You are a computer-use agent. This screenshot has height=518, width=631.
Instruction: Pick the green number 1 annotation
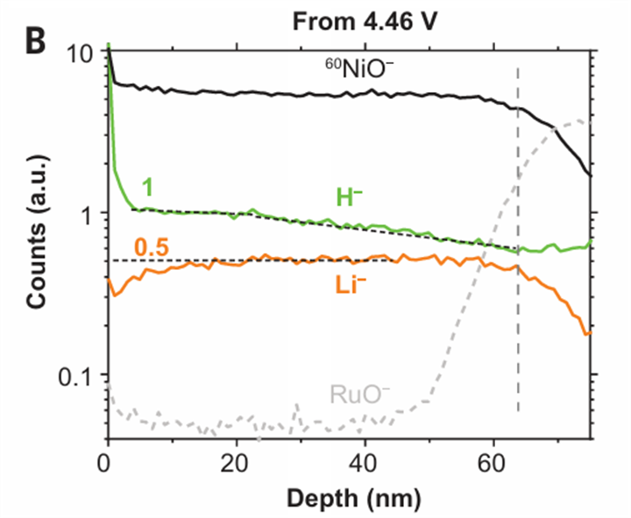coord(150,185)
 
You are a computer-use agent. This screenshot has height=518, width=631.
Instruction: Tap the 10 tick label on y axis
coord(81,53)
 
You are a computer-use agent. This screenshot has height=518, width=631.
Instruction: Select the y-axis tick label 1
coord(88,214)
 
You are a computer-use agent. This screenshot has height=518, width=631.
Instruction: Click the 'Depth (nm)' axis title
coord(350,497)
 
